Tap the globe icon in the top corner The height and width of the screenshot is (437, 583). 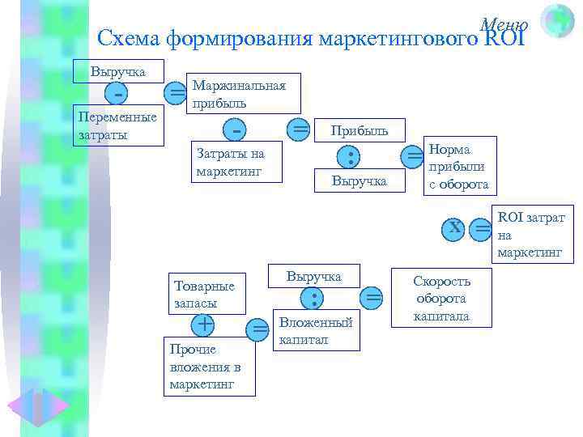[556, 20]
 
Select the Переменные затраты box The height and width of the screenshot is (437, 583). [117, 126]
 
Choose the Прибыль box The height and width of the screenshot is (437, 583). [358, 130]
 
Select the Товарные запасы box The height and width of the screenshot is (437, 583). [205, 295]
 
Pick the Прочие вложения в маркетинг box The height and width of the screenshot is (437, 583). [210, 366]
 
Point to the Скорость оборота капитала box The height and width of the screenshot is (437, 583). [441, 298]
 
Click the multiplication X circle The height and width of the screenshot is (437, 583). [456, 228]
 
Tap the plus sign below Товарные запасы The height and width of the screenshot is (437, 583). [203, 325]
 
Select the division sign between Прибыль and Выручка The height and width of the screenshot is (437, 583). [349, 155]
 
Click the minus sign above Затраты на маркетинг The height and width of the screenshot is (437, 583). [236, 129]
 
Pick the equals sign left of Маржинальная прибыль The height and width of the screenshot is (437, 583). [177, 93]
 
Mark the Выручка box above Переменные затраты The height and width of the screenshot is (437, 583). [118, 71]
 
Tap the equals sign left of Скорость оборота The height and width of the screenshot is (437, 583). [372, 298]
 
